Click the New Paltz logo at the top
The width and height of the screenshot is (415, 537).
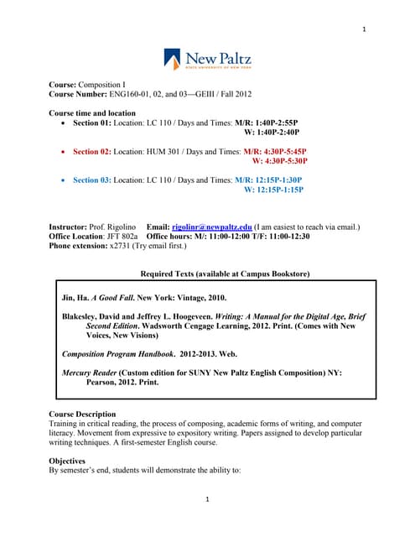coord(207,59)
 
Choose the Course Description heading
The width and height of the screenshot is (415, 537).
coord(82,414)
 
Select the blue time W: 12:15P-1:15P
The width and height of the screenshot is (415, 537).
coord(272,190)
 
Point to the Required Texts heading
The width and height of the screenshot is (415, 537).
coord(225,274)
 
